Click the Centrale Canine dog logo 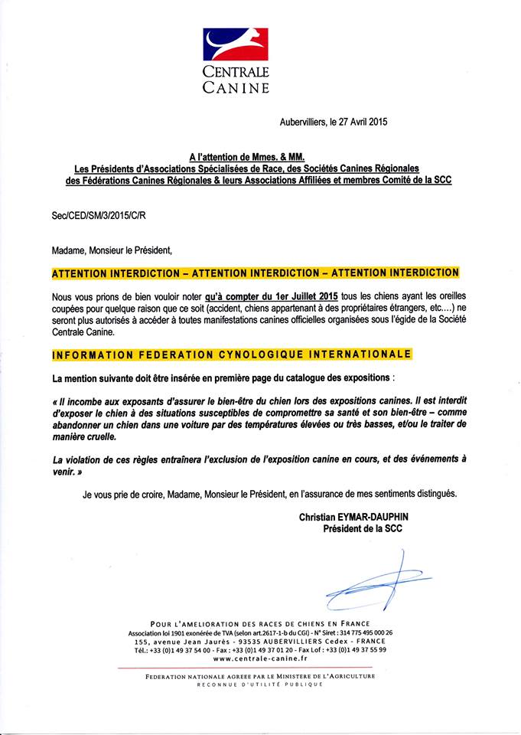click(236, 44)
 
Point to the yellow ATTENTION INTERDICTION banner click(256, 273)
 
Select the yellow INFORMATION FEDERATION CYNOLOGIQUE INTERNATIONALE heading click(231, 354)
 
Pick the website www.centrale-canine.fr click(260, 658)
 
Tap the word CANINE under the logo click(236, 87)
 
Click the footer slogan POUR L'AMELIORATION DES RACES click(260, 622)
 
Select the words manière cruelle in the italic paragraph click(85, 436)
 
